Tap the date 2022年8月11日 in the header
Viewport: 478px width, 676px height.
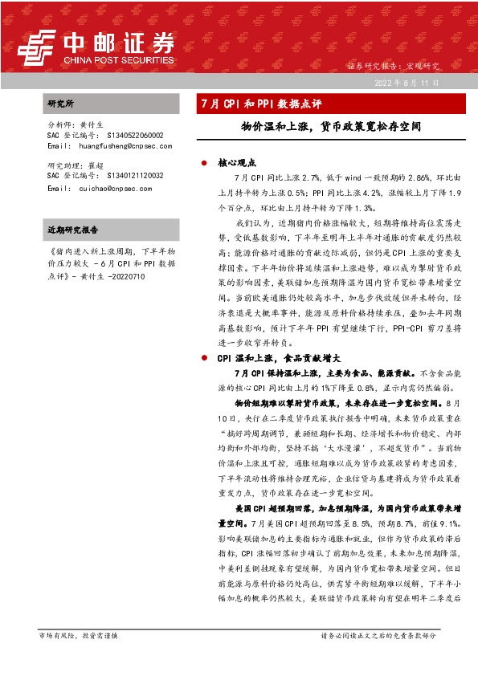(x=407, y=83)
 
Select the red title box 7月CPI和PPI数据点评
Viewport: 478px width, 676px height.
(x=260, y=104)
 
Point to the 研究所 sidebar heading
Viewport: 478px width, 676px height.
(x=61, y=104)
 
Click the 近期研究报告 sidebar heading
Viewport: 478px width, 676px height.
(x=73, y=230)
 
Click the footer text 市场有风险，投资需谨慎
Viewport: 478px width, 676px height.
(x=78, y=635)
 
